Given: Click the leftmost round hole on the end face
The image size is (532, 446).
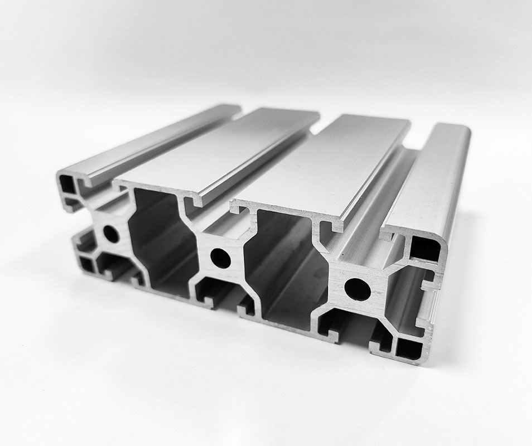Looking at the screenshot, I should coord(111,233).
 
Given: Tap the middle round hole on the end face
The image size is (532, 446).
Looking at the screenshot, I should coord(220,258).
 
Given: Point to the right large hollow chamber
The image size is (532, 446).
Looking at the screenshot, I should coord(290,268).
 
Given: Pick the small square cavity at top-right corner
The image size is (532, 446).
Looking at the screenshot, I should coord(425,249).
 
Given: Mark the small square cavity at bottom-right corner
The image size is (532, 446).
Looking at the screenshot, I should coord(409,349).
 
